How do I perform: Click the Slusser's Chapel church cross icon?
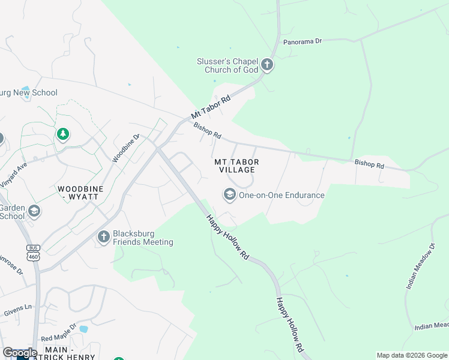(267, 65)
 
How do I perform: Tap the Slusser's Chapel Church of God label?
(228, 65)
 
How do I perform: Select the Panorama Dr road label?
(303, 41)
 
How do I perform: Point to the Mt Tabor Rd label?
(211, 106)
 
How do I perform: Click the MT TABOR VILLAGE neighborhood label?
(237, 166)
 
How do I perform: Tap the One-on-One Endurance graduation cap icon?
(229, 194)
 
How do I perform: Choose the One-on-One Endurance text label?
(282, 195)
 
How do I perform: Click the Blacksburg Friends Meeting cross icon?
(103, 238)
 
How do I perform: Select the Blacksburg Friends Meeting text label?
(143, 238)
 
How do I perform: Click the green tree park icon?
(62, 134)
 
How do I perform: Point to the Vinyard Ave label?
(14, 173)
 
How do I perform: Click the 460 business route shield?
(32, 253)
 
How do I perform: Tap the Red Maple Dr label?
(58, 332)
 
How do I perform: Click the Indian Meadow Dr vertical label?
(420, 266)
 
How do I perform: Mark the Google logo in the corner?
(20, 353)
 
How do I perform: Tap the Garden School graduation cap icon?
(34, 211)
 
